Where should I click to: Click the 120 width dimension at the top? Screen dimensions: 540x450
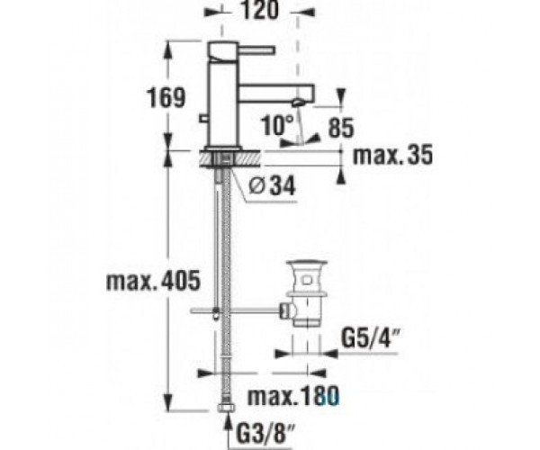tap(258, 10)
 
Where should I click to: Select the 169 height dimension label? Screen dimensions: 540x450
tap(166, 97)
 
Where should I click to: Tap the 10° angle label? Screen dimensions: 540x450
tap(277, 124)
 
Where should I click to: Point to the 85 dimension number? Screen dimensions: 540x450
tap(341, 128)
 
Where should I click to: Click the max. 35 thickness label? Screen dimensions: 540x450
tap(393, 155)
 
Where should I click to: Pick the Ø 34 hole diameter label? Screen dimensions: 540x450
tap(272, 186)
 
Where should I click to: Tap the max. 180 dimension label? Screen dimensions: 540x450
tap(293, 396)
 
